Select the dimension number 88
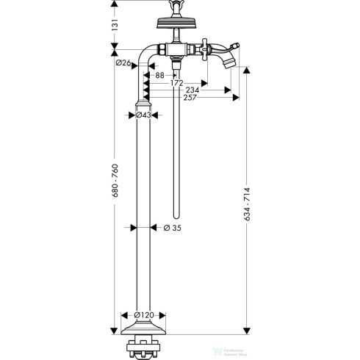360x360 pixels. [158, 75]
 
